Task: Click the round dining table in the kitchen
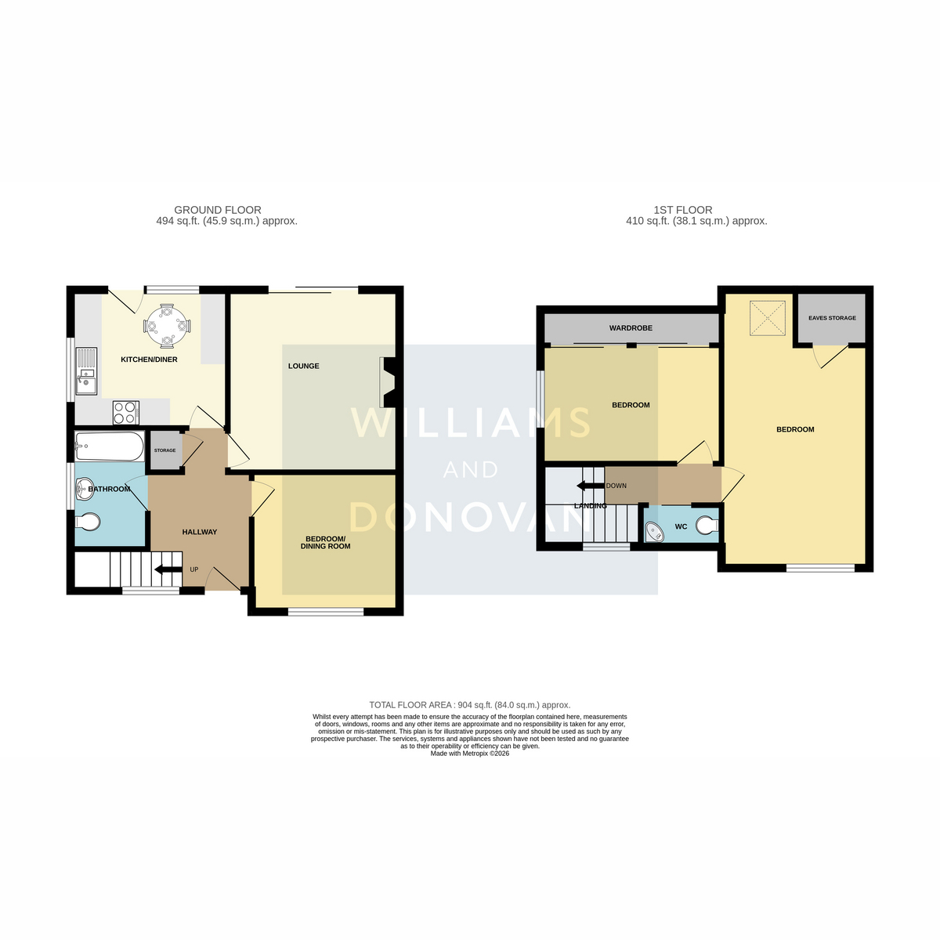pyautogui.click(x=167, y=325)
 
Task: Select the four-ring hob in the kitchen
pyautogui.click(x=126, y=413)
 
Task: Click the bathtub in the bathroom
pyautogui.click(x=109, y=446)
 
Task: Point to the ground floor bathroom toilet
pyautogui.click(x=88, y=522)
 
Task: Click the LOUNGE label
pyautogui.click(x=303, y=366)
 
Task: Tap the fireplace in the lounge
pyautogui.click(x=388, y=382)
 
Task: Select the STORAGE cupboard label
pyautogui.click(x=164, y=450)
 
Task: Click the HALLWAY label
pyautogui.click(x=200, y=532)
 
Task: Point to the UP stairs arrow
pyautogui.click(x=166, y=569)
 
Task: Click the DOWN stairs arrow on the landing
pyautogui.click(x=590, y=486)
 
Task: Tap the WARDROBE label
pyautogui.click(x=631, y=328)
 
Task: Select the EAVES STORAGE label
pyautogui.click(x=832, y=318)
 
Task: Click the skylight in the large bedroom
pyautogui.click(x=768, y=318)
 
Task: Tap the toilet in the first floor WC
pyautogui.click(x=707, y=526)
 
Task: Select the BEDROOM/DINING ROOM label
pyautogui.click(x=325, y=542)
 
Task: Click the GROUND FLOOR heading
pyautogui.click(x=218, y=210)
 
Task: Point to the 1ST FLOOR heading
pyautogui.click(x=683, y=210)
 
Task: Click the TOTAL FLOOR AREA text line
pyautogui.click(x=470, y=705)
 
